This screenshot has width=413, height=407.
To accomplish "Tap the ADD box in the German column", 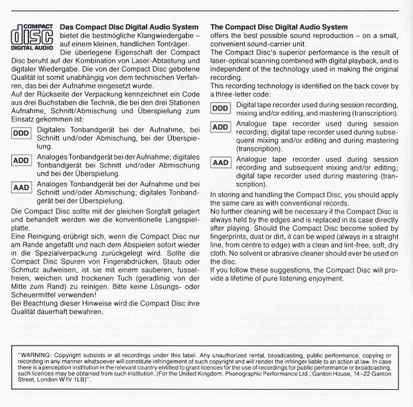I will pyautogui.click(x=22, y=160).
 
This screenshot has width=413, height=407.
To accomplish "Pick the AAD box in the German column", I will pyautogui.click(x=22, y=187).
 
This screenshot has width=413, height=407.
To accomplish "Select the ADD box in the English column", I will pyautogui.click(x=220, y=127).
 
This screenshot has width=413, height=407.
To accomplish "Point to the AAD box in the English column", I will pyautogui.click(x=220, y=163).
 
